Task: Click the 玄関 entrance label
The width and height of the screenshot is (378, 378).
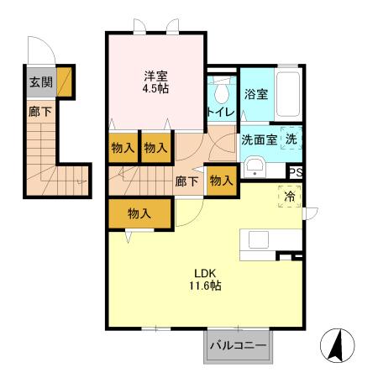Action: pos(39,82)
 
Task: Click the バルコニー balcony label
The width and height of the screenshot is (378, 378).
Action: pos(238,345)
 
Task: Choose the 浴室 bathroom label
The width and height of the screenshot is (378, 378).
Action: pos(256,93)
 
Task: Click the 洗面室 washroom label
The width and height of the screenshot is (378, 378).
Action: pos(259,139)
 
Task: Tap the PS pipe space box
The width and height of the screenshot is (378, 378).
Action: pos(296,172)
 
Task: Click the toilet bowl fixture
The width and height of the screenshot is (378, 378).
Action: pos(222,90)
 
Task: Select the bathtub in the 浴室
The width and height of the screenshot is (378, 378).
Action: pos(288,94)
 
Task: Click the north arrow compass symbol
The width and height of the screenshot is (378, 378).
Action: pos(336,344)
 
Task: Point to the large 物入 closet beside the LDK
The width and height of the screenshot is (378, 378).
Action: pos(139,214)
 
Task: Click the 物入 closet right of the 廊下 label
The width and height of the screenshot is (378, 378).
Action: pos(221,181)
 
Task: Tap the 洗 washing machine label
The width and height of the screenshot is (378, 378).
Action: pos(290,139)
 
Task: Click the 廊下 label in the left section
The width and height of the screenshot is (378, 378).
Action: pos(39,112)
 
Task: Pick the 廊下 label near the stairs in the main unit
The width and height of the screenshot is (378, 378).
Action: pos(186,181)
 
